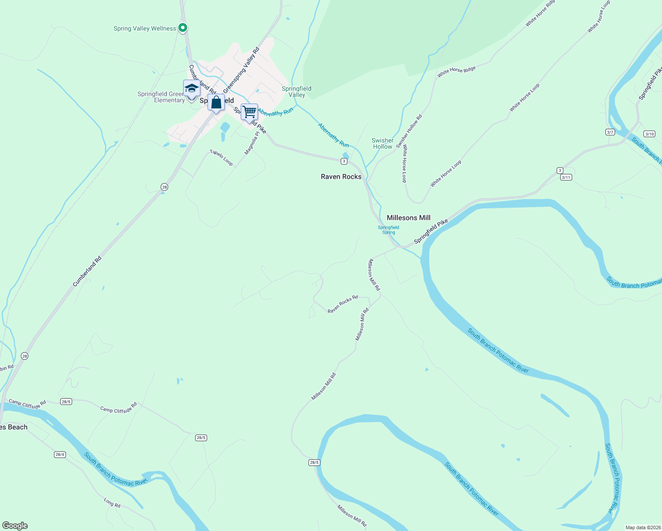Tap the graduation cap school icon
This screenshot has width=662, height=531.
click(191, 88)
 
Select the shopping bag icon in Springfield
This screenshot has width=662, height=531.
click(216, 103)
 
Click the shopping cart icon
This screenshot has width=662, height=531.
click(249, 112)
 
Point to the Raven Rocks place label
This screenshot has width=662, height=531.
click(341, 177)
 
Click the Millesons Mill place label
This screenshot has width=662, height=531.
click(408, 218)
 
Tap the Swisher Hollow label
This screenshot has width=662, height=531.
click(382, 143)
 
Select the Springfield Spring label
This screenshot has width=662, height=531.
click(388, 230)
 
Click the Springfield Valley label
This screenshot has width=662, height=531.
click(296, 92)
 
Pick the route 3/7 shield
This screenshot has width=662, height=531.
click(610, 132)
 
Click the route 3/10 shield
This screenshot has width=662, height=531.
click(649, 134)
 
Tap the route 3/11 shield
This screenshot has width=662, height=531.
click(566, 177)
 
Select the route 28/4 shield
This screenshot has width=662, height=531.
click(60, 454)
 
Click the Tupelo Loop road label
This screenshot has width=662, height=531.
click(221, 158)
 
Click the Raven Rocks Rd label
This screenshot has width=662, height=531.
click(343, 304)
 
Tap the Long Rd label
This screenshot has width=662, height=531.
click(112, 503)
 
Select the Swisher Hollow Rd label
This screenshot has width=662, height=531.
click(409, 131)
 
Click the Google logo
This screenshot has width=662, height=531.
click(15, 526)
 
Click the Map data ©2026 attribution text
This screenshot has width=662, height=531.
click(643, 527)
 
